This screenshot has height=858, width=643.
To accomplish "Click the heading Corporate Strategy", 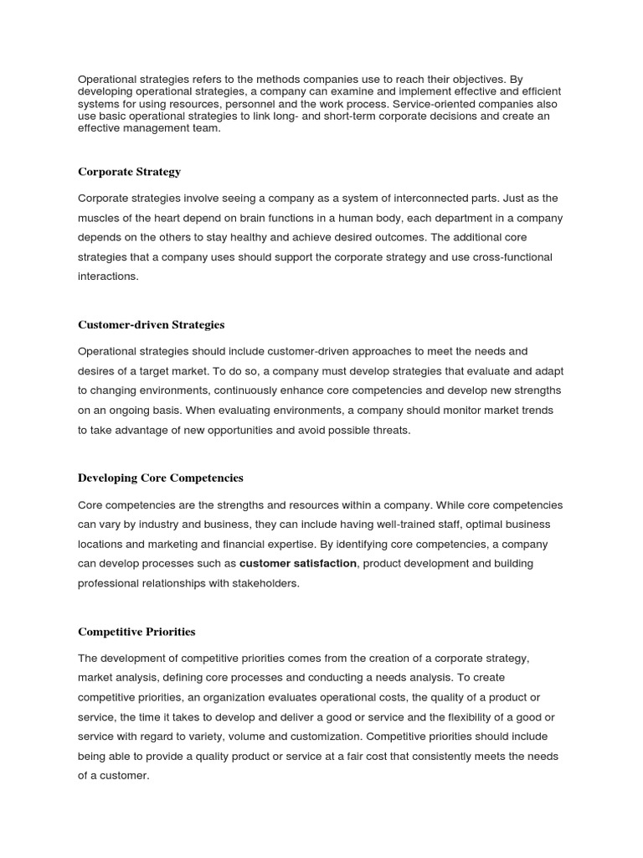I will (x=129, y=172).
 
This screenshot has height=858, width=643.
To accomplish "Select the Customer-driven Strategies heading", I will (x=151, y=324).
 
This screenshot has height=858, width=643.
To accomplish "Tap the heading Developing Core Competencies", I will (x=160, y=478).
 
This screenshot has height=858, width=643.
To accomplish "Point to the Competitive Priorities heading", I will (x=136, y=631).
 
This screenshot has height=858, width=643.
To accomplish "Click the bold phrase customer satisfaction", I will (x=298, y=563).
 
